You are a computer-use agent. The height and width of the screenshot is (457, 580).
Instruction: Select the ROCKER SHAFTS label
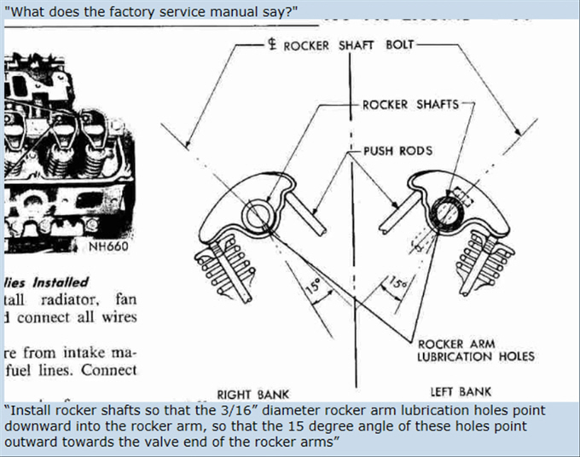[x=409, y=105]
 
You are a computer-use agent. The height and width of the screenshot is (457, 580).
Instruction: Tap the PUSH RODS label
[x=397, y=151]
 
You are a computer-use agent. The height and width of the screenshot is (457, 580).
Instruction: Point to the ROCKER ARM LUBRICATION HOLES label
[x=475, y=350]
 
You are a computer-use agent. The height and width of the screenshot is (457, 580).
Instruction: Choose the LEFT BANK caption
[x=461, y=391]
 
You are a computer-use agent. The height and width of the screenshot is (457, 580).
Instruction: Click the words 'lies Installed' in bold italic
[x=46, y=281]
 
